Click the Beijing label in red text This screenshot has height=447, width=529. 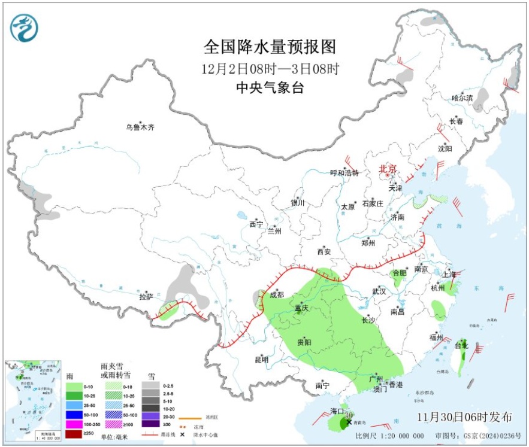coord(388,169)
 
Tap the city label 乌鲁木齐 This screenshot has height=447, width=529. coord(140,127)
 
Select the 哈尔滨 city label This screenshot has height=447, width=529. coord(462,98)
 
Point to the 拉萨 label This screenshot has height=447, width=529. coord(147,296)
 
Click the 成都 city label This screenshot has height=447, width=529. coord(277,294)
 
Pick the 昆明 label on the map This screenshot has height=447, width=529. coord(262,360)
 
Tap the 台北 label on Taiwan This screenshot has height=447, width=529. coord(461,345)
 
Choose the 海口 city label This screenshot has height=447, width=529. coord(337,411)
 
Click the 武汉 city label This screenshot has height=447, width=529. coord(379,291)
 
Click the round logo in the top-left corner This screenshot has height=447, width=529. coord(24,28)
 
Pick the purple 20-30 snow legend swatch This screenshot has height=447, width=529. coord(150,415)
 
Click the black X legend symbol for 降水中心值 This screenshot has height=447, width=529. coord(182,434)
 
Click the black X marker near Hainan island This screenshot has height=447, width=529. coord(349,405)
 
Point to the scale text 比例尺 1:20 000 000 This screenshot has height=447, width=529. coord(389,436)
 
